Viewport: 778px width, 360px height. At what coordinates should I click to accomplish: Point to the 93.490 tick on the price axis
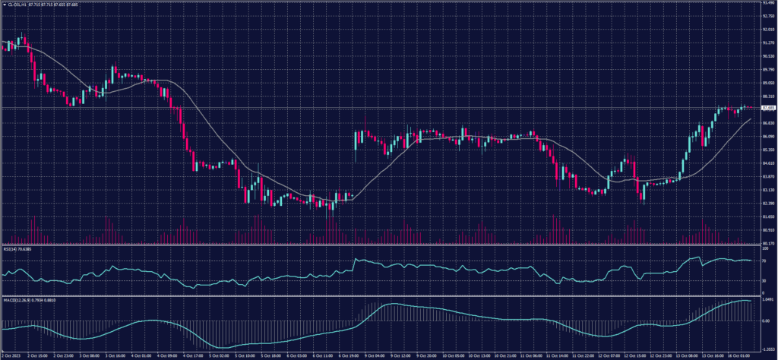(768, 3)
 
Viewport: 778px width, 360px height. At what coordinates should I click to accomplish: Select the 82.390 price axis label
(768, 202)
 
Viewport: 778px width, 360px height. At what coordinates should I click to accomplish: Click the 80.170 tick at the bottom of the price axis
(768, 242)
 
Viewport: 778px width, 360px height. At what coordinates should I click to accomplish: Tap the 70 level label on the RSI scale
(764, 261)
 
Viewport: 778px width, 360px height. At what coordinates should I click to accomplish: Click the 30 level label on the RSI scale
(764, 279)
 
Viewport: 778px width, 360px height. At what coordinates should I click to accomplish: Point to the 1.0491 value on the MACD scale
(767, 301)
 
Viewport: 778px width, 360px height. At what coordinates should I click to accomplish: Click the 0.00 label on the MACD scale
(766, 321)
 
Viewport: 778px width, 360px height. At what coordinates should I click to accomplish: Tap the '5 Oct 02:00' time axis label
(220, 354)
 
